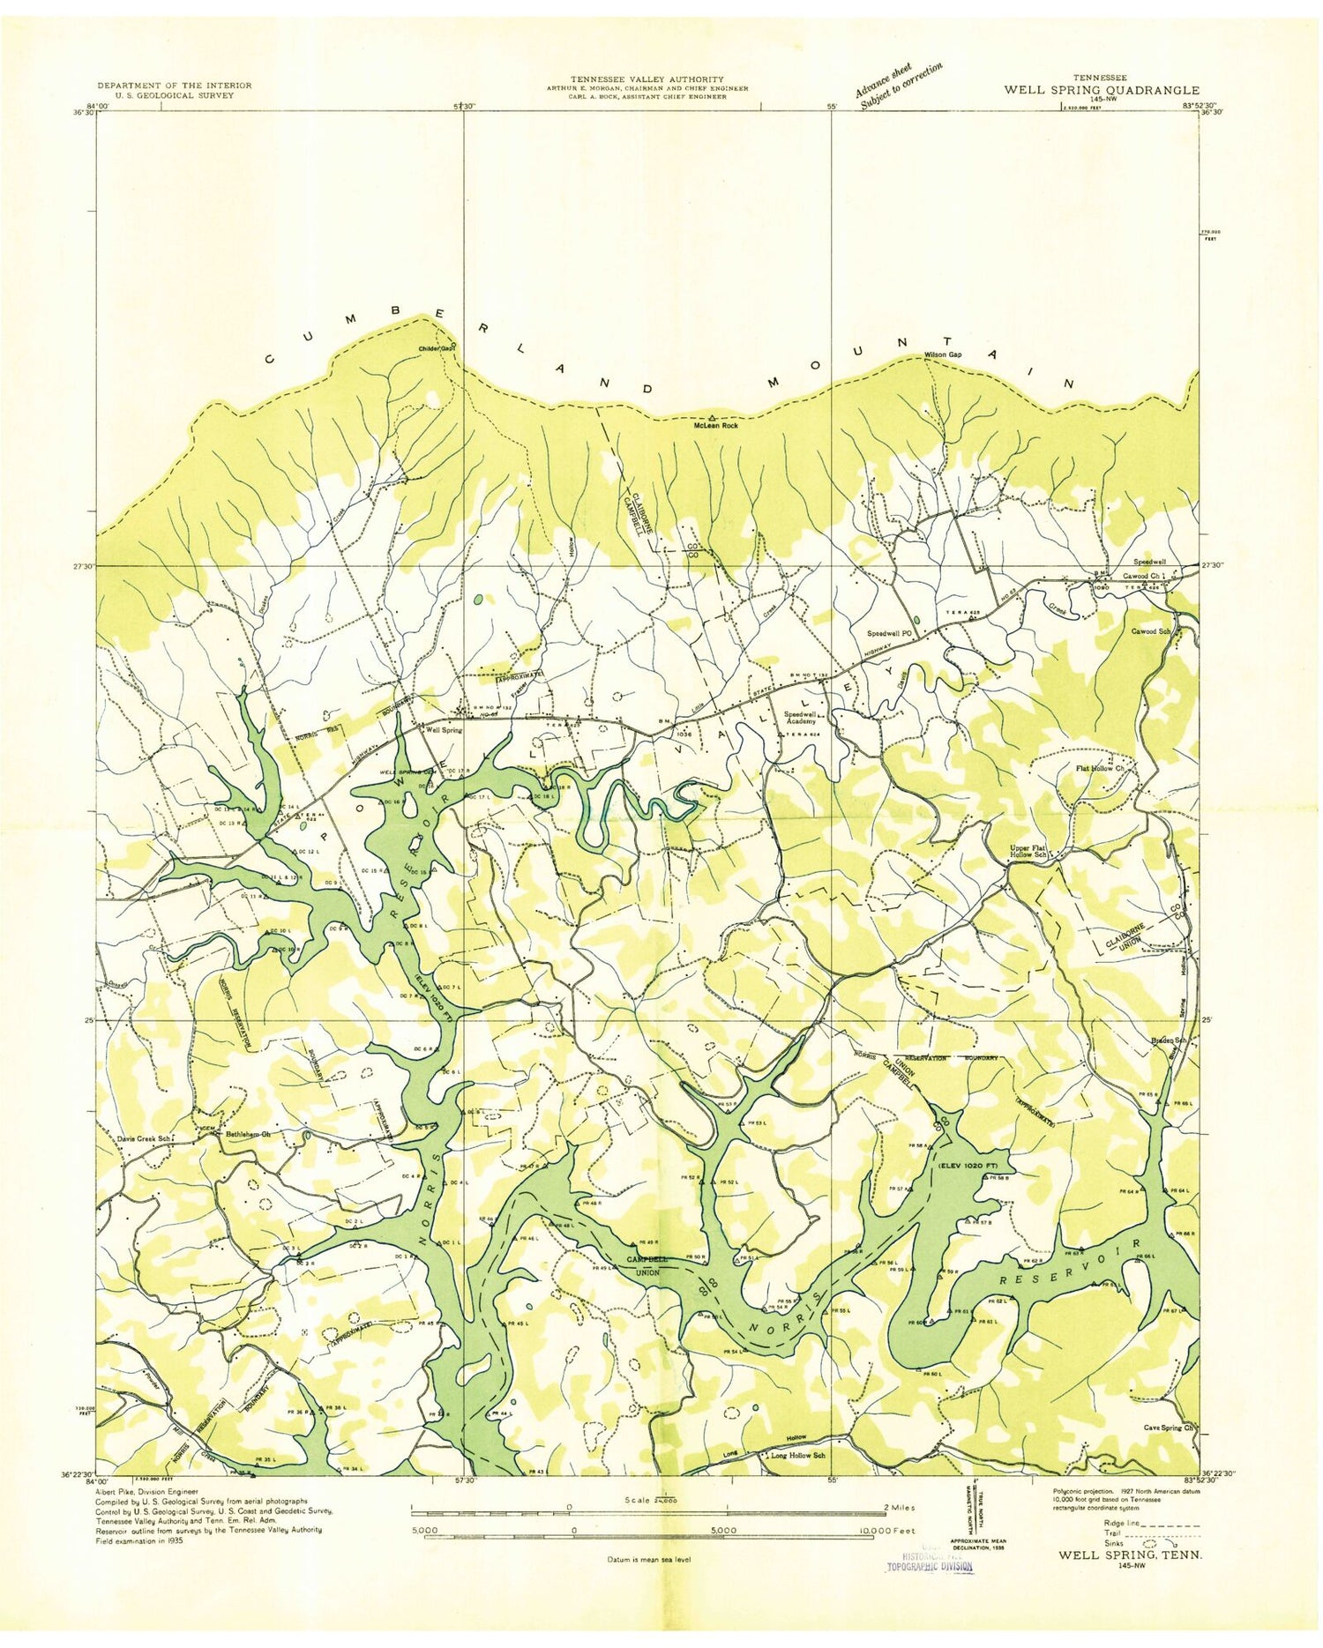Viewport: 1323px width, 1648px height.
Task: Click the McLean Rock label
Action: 714,425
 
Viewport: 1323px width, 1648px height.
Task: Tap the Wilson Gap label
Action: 942,354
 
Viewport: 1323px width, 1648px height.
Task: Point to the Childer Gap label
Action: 436,348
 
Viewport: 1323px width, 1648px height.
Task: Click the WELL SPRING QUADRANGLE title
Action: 1100,90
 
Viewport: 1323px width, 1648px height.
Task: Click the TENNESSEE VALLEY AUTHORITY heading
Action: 647,78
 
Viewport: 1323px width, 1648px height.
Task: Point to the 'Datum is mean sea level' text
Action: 648,1559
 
